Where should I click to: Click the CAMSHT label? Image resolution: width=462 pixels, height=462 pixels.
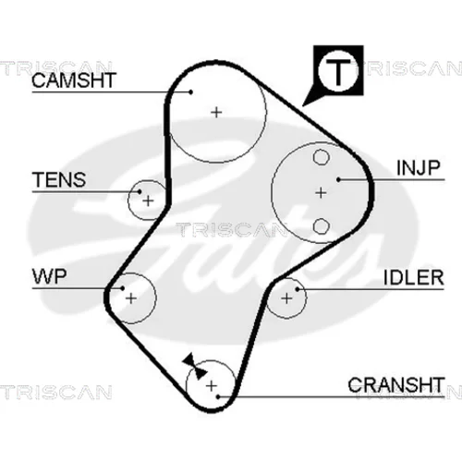pos(74,80)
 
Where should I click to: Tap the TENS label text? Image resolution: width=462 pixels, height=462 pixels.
pos(59,180)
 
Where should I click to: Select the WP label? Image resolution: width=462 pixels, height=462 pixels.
pos(49,276)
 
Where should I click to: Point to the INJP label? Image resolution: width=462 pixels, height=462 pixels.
pos(419,168)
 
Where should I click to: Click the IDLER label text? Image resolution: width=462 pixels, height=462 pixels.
pos(414,277)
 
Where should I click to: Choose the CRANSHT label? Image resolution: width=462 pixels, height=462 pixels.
pos(396,384)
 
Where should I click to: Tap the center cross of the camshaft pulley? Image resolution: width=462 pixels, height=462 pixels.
pos(216,112)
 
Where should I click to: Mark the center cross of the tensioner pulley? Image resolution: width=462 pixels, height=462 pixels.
pos(149,201)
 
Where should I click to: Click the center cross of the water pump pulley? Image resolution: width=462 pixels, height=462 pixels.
pos(131,298)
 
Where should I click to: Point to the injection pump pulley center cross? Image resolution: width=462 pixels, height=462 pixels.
pos(321,193)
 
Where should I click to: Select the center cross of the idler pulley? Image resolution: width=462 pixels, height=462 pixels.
pos(286,298)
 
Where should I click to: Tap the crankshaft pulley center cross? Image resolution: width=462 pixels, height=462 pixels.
pos(212,385)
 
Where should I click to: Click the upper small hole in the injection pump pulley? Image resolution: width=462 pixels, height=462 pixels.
pos(321,157)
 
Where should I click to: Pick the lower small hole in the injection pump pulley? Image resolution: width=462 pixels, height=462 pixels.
pos(321,226)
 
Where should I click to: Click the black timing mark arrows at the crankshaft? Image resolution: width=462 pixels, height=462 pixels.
pos(194,366)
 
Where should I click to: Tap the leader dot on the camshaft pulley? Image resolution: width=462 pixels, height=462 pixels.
pos(191,91)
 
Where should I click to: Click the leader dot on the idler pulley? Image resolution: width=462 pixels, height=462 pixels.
pos(298,289)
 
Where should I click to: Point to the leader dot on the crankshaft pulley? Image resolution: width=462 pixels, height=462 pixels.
pos(218,396)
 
